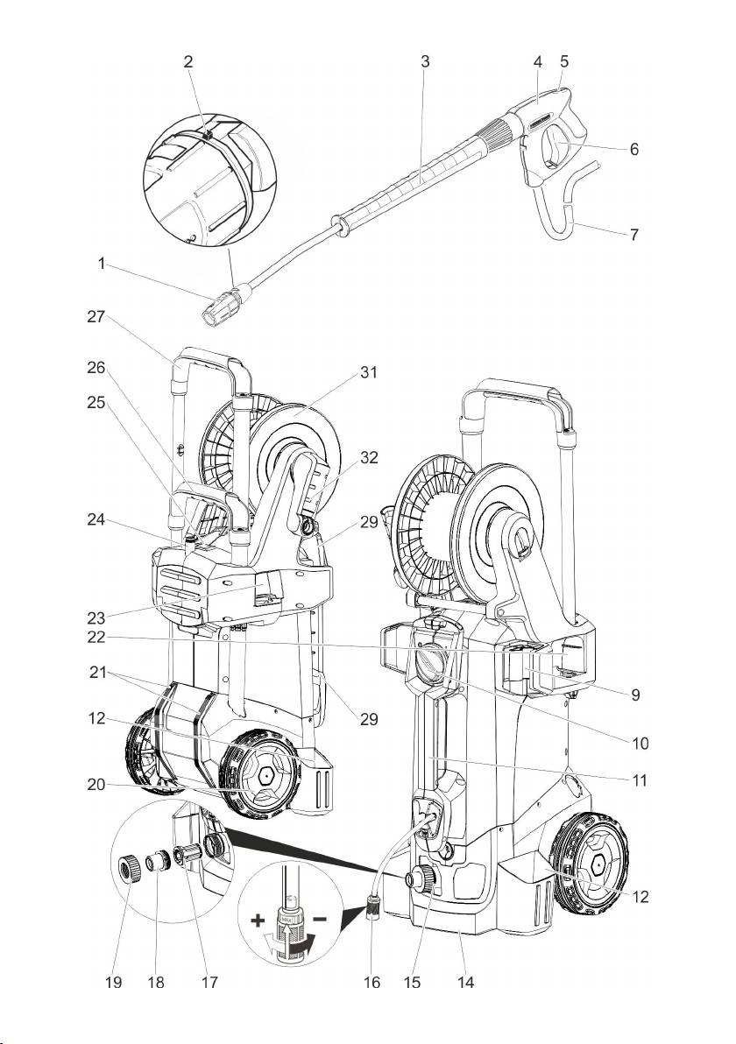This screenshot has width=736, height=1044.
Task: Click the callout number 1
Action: (102, 264)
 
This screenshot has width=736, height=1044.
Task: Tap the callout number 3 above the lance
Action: (425, 62)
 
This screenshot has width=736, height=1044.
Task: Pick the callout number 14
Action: (465, 984)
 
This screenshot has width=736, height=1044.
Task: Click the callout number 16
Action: (372, 984)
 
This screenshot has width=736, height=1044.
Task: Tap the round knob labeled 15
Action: (422, 878)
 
